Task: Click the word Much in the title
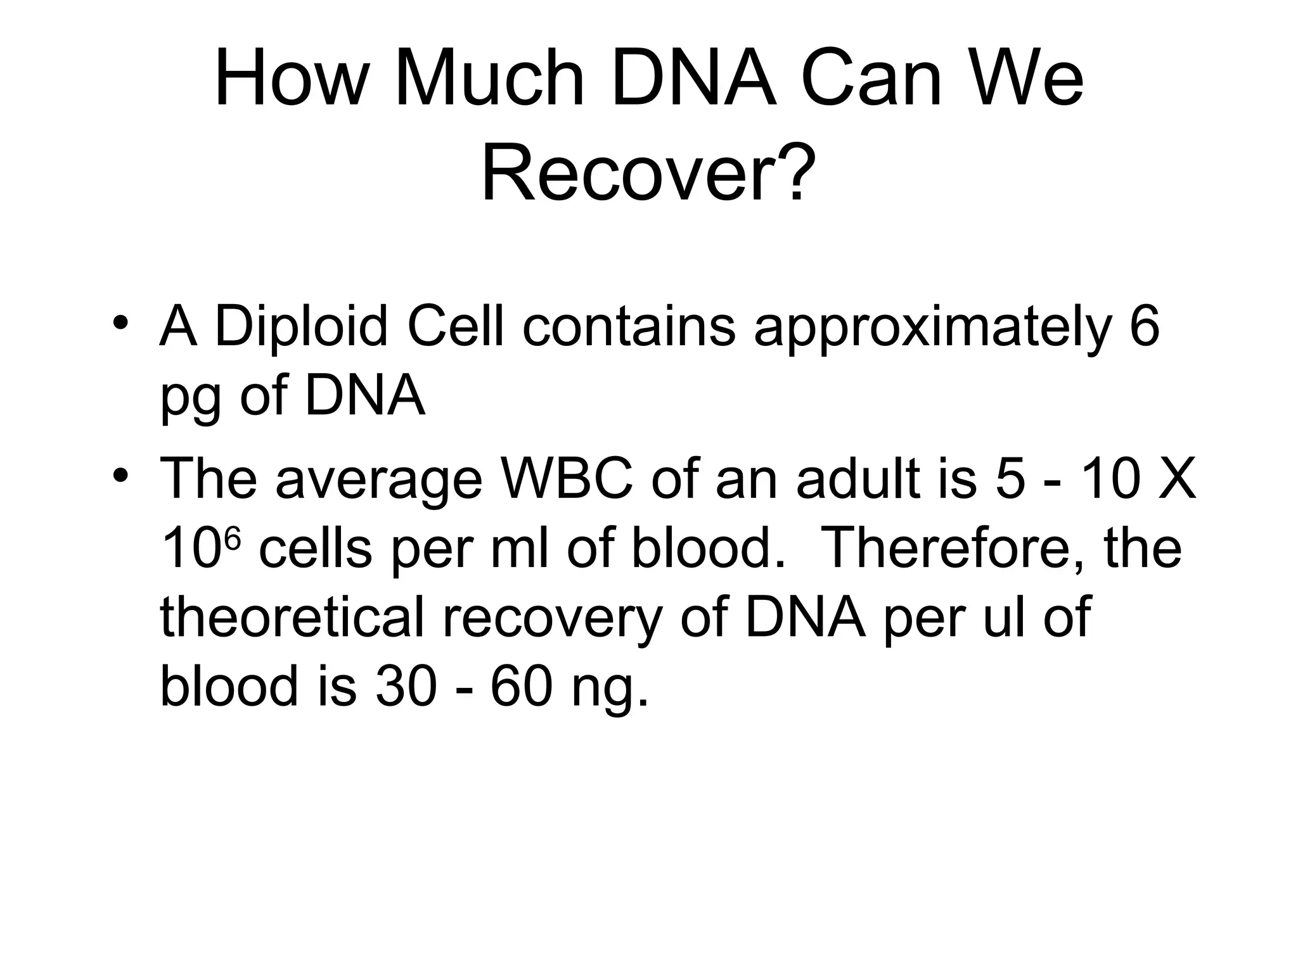click(x=489, y=80)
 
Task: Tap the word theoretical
click(x=292, y=618)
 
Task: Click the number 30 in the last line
click(x=406, y=687)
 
